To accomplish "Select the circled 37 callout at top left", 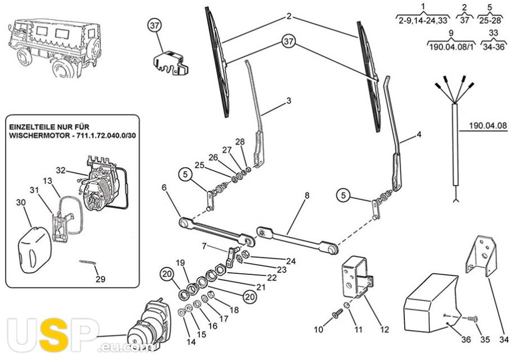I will click(x=155, y=25).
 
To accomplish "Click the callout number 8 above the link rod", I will click(x=307, y=196).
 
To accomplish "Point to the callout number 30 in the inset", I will click(x=21, y=203).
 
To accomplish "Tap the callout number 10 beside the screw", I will click(x=318, y=329).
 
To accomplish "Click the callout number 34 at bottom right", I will click(x=504, y=340).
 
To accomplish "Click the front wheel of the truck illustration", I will click(x=61, y=68).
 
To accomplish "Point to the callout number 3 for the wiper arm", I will click(x=288, y=101).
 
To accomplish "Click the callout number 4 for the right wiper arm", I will click(x=418, y=135).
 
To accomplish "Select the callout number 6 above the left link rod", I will click(x=164, y=188).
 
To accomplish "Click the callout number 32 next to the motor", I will click(x=61, y=170).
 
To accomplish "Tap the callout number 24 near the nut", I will click(x=291, y=261).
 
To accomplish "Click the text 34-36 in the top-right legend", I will click(x=494, y=48).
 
